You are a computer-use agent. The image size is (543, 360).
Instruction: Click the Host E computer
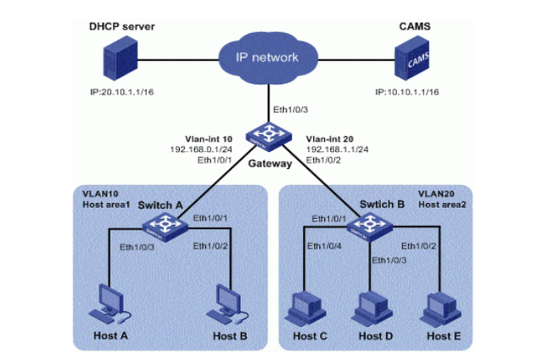(440, 307)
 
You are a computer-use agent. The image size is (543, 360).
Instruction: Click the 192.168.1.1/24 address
(333, 148)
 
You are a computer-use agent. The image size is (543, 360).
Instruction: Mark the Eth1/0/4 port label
(324, 245)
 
